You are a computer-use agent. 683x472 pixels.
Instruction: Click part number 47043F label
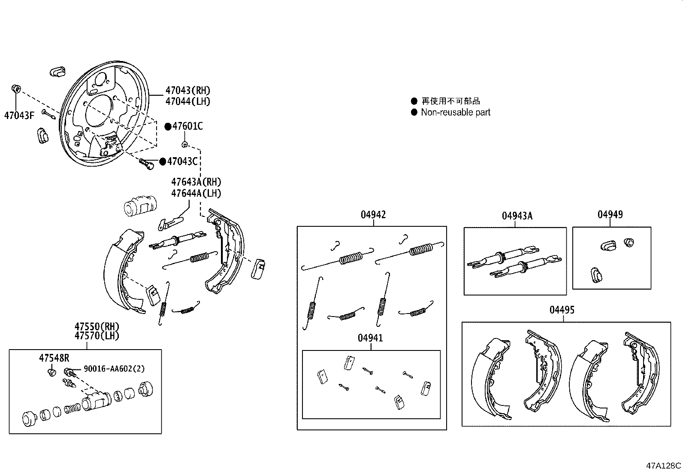[x=18, y=115]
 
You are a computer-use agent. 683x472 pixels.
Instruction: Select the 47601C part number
[x=187, y=126]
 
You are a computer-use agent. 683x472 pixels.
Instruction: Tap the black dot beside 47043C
[x=163, y=161]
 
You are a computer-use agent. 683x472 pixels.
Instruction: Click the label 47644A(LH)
[x=196, y=193]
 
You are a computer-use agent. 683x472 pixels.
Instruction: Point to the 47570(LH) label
[x=97, y=336]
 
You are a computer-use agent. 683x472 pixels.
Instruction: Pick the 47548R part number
[x=54, y=358]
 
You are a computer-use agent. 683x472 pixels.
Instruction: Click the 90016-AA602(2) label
[x=114, y=369]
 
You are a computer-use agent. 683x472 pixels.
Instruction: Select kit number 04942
[x=373, y=215]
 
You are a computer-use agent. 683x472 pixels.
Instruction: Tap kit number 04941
[x=370, y=338]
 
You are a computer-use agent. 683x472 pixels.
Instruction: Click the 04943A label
[x=517, y=216]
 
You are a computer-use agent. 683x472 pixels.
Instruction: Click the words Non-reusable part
[x=455, y=113]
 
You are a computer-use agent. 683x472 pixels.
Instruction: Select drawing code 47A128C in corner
[x=664, y=466]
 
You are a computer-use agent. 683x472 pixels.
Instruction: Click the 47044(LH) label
[x=188, y=102]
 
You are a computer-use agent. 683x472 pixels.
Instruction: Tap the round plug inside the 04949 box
[x=629, y=242]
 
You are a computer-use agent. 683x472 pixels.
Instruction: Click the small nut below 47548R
[x=51, y=372]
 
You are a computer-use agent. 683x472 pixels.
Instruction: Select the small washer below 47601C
[x=184, y=144]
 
